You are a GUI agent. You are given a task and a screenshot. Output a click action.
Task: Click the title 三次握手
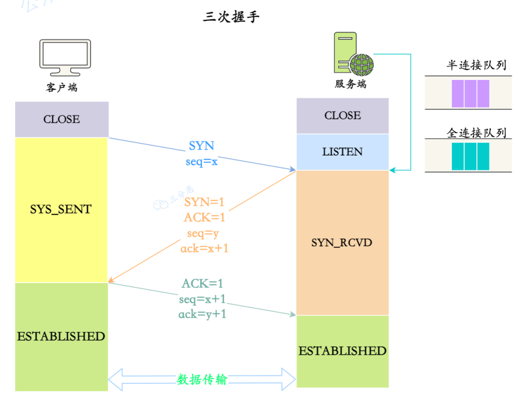click(231, 17)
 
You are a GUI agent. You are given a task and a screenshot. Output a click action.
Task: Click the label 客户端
click(61, 87)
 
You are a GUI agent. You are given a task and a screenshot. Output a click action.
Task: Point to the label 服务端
click(351, 84)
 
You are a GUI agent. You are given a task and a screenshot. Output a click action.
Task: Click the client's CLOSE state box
click(61, 119)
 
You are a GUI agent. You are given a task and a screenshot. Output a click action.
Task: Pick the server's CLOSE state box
click(343, 116)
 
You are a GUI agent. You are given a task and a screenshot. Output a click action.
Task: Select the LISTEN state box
click(343, 152)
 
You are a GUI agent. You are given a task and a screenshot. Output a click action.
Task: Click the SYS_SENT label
click(61, 210)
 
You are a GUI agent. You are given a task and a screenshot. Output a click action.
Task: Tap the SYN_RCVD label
click(342, 243)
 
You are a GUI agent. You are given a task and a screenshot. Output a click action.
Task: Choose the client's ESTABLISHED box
click(61, 336)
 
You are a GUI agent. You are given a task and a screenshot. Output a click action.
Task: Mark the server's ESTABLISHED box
click(343, 351)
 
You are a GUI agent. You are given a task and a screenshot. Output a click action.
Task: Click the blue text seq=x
click(201, 161)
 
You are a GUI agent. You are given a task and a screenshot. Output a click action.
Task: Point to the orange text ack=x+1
click(205, 248)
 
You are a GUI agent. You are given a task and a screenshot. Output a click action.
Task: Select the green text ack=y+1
click(202, 314)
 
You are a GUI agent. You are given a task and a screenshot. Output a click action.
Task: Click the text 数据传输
click(202, 380)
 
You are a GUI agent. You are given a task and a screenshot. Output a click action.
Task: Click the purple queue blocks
click(470, 93)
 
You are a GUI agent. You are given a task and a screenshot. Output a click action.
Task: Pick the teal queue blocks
click(470, 157)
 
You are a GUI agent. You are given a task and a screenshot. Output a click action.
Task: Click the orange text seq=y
click(203, 233)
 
